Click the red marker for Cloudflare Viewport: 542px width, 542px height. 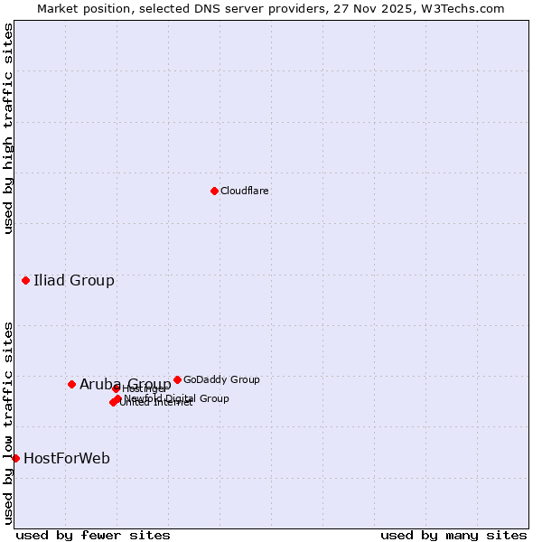(214, 191)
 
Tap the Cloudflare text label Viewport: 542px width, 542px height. (245, 191)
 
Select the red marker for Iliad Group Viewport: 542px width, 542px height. (25, 280)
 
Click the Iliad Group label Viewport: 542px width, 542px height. (74, 280)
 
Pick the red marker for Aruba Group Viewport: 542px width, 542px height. (71, 384)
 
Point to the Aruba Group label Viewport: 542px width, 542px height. (125, 384)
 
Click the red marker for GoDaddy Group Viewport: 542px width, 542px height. (177, 379)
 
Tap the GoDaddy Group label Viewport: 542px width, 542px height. (221, 379)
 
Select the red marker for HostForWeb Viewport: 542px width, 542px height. (15, 458)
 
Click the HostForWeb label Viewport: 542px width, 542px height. (67, 458)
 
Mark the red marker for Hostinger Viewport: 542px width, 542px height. (116, 389)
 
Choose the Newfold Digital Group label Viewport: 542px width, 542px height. (177, 398)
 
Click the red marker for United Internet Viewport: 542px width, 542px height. (113, 402)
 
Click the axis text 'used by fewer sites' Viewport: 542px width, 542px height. (93, 535)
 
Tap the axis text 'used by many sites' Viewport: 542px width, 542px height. (453, 535)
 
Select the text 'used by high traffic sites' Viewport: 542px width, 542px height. (8, 128)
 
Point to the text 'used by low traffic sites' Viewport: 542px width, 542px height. (8, 423)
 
